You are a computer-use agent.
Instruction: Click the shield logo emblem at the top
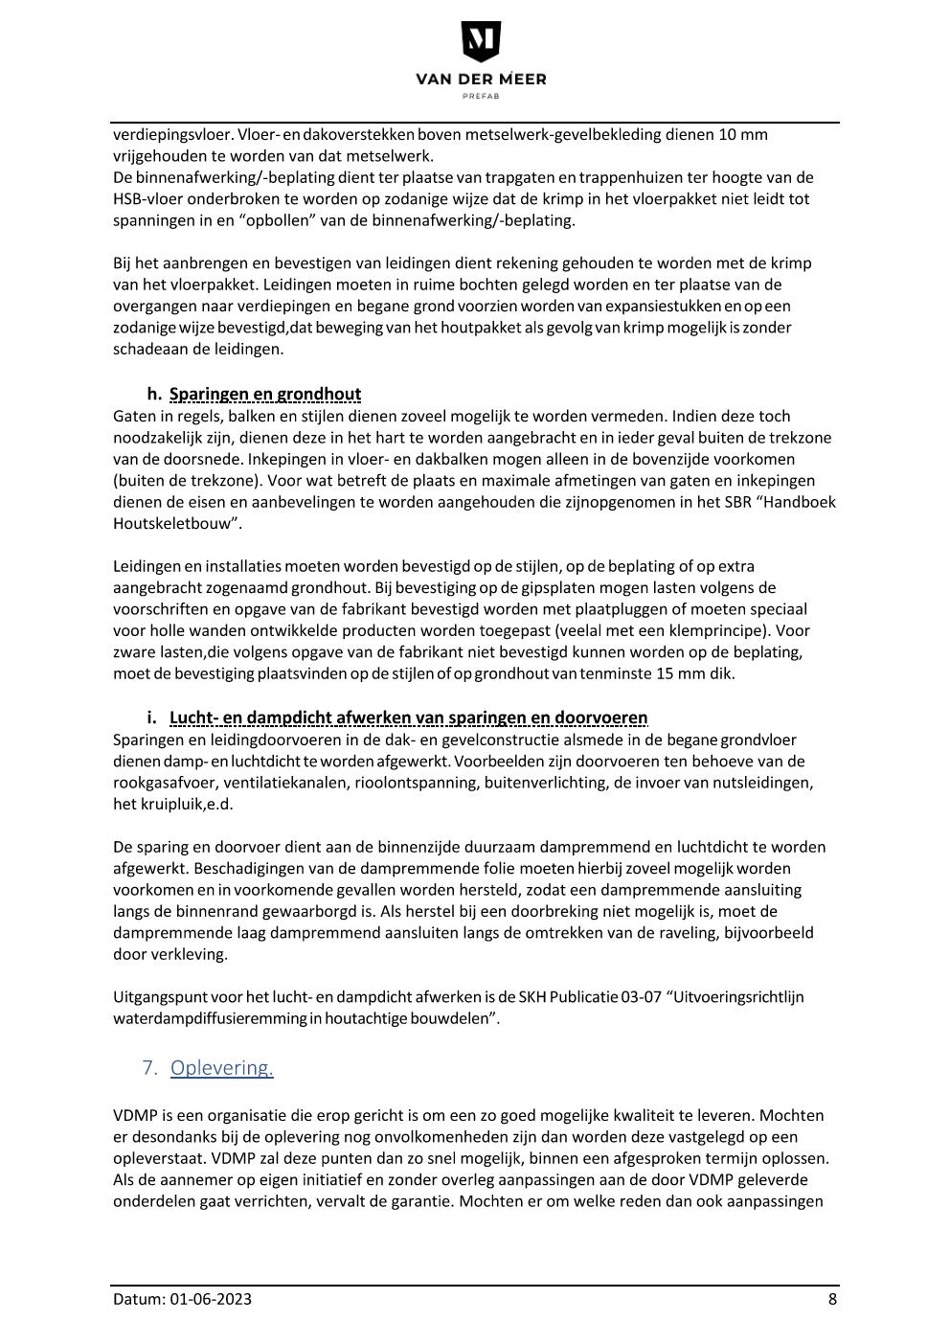tap(481, 42)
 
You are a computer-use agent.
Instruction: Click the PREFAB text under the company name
tap(481, 96)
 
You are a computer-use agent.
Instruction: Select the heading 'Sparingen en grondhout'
tap(265, 394)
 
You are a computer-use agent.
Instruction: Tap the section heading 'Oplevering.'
tap(222, 1067)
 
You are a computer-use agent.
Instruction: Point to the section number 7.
tap(148, 1067)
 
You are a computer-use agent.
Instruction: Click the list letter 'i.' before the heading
tap(151, 718)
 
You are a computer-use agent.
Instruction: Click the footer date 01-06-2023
tap(212, 1299)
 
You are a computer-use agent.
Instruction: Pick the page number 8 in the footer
tap(832, 1299)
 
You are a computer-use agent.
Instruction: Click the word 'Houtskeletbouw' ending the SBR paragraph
tap(171, 524)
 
